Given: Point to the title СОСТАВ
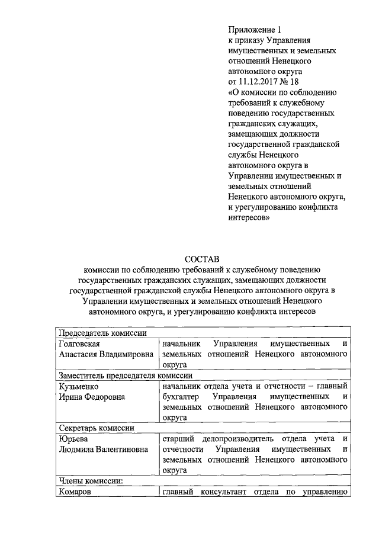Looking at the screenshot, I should click(202, 259).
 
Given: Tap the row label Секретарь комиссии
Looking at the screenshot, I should click(96, 428).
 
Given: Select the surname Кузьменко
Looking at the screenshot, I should click(79, 386).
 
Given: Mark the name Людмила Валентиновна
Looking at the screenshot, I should click(104, 450).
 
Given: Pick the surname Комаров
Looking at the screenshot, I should click(76, 492).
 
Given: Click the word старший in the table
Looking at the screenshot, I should click(177, 439).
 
